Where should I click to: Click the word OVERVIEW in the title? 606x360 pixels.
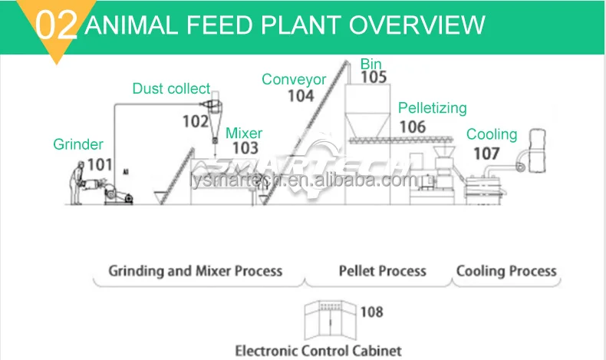(x=417, y=25)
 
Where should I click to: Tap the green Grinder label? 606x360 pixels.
(x=78, y=144)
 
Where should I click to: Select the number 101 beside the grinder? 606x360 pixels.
(x=100, y=163)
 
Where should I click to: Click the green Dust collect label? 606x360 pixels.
(x=170, y=89)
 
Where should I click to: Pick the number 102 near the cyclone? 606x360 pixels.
(x=196, y=121)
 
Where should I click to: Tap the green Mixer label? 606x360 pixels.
(x=243, y=134)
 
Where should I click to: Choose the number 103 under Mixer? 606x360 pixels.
(x=245, y=149)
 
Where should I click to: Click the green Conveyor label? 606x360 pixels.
(x=294, y=79)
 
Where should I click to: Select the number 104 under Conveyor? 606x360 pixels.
(x=301, y=96)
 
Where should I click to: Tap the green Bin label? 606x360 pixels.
(x=371, y=63)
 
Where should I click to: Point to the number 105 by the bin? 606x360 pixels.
(x=374, y=78)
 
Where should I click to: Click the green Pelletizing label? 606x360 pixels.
(x=432, y=108)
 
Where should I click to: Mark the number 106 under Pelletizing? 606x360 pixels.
(x=413, y=126)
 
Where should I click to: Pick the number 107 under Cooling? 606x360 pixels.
(x=486, y=153)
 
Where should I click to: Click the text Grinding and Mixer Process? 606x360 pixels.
(x=195, y=271)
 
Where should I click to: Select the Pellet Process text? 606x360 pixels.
(x=382, y=271)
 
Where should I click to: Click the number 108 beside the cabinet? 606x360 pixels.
(x=371, y=312)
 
